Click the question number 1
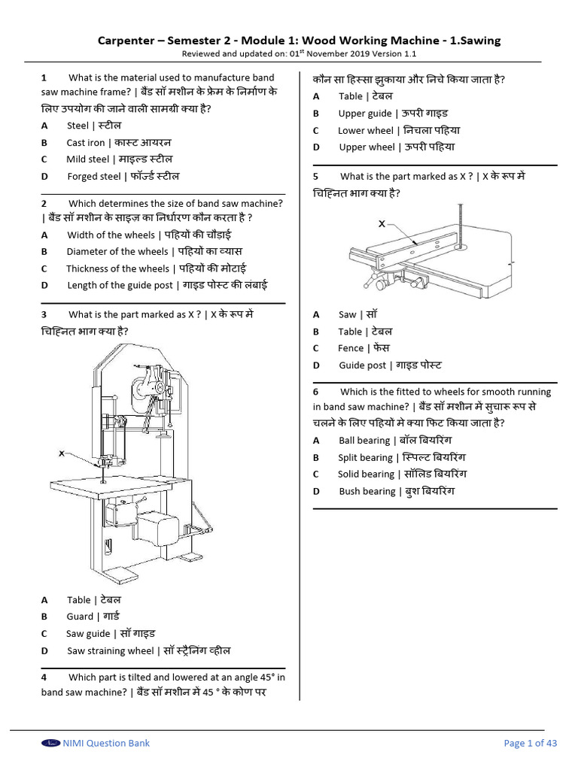pos(44,77)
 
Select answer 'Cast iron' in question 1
pos(86,142)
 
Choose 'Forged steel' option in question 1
pos(93,176)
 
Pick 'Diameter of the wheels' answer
pos(117,251)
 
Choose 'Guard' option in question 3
pos(80,617)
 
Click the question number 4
pos(44,677)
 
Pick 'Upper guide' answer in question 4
pos(365,113)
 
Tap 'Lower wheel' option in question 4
pos(366,130)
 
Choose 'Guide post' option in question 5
pos(362,365)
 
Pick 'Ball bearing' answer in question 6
pos(364,441)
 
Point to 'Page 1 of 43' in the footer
pos(530,743)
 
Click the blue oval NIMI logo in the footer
pos(51,743)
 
